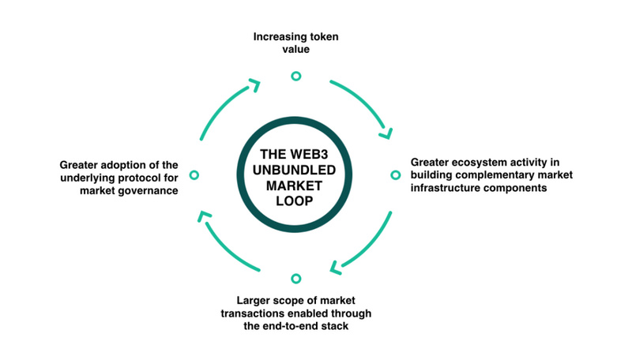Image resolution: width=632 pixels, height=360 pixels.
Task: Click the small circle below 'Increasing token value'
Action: point(296,76)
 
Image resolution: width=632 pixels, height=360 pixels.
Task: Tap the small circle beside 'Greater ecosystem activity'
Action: point(396,174)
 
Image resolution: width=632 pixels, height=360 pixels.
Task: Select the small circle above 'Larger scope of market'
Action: point(296,279)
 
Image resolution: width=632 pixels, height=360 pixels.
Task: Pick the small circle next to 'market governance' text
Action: point(194,174)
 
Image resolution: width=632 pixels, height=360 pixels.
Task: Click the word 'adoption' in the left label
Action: point(125,164)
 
